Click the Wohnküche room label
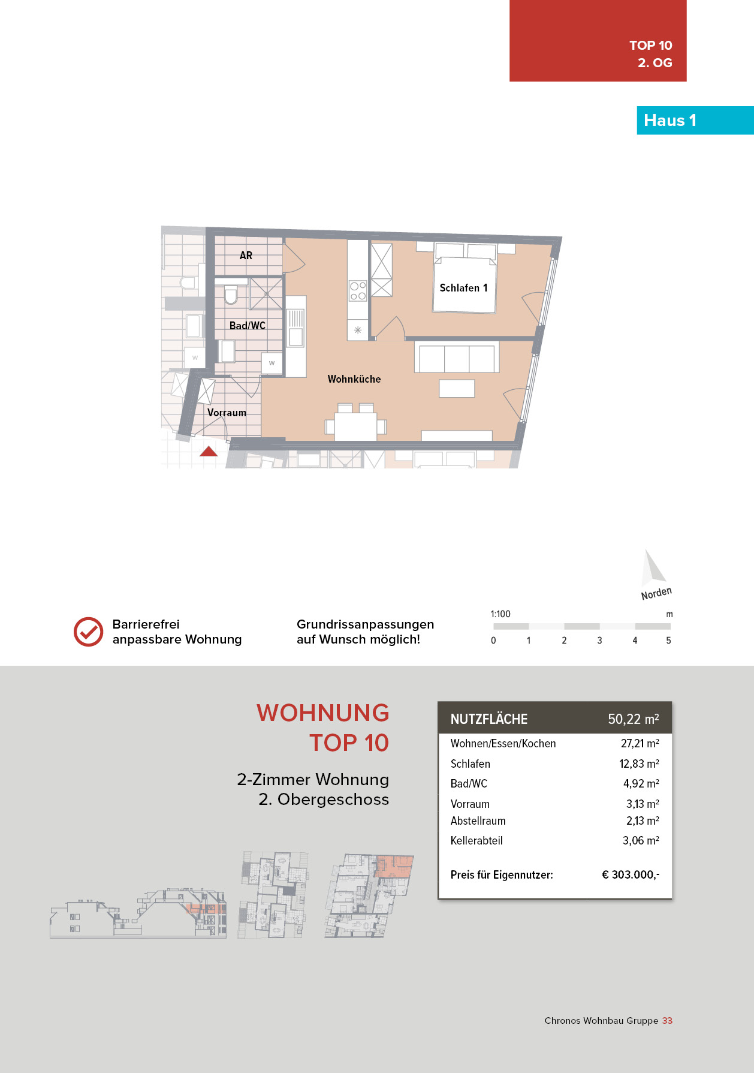(x=354, y=379)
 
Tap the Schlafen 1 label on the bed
(x=463, y=288)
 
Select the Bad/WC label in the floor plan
(x=247, y=326)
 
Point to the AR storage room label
(x=246, y=256)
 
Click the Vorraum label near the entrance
(x=227, y=413)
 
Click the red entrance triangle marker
(x=209, y=452)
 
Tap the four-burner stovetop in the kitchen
(x=358, y=291)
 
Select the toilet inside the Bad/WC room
(x=231, y=294)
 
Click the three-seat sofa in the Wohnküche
(x=456, y=357)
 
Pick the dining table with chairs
(x=355, y=425)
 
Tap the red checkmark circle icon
(x=88, y=632)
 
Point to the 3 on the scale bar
(x=599, y=641)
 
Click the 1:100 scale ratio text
(x=500, y=614)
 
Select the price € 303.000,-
(x=631, y=874)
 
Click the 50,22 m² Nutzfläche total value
(x=633, y=719)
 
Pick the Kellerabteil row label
(x=476, y=840)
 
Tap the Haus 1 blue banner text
(x=670, y=121)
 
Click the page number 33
(x=667, y=1020)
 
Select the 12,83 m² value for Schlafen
(x=639, y=764)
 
